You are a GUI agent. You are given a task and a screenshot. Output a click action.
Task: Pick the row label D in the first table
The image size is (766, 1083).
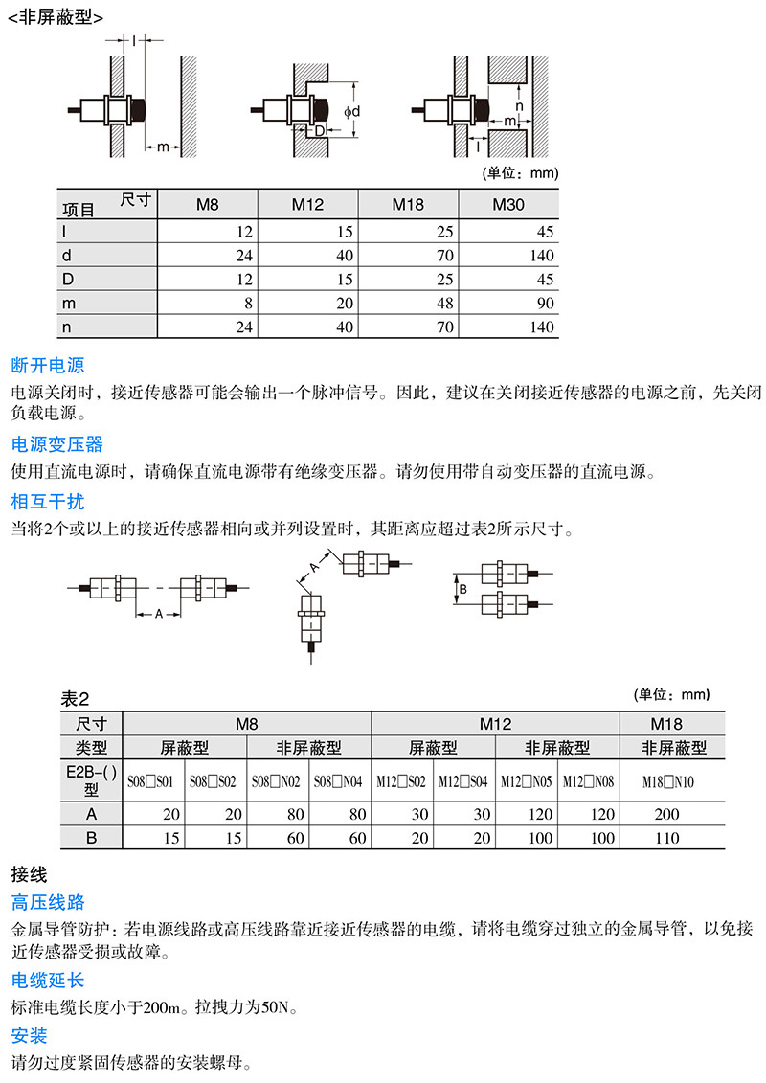coord(67,280)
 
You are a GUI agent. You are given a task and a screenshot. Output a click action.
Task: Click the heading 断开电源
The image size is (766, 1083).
coord(48,366)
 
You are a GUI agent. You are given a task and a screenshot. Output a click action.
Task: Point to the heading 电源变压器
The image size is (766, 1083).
coord(56,444)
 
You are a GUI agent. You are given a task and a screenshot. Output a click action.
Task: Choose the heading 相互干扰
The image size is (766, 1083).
coord(48,502)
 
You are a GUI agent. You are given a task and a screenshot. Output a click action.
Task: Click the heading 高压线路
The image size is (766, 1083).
coord(48,902)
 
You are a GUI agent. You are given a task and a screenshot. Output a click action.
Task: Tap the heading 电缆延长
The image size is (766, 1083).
coord(48,980)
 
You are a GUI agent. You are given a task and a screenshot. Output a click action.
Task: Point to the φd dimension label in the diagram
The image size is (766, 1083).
coord(352,112)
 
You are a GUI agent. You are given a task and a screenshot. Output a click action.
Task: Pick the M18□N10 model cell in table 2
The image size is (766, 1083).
coord(665,782)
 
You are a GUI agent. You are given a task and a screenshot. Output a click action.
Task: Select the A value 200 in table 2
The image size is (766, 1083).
coord(665,814)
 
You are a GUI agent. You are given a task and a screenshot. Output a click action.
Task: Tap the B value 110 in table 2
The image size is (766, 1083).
coord(665,838)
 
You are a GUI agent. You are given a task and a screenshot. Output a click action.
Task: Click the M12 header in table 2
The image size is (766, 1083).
coord(495,724)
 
